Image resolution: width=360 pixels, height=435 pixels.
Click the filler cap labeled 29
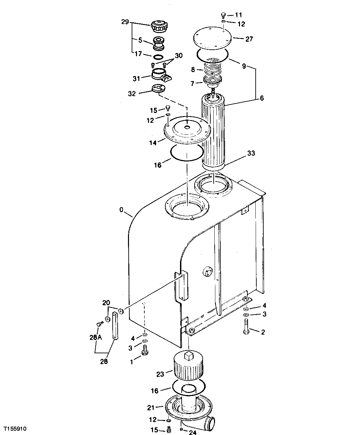pyautogui.click(x=159, y=27)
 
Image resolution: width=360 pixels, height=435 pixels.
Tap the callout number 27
pyautogui.click(x=249, y=39)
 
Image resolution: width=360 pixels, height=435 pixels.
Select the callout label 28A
pyautogui.click(x=96, y=337)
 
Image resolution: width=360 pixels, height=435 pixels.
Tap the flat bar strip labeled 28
pyautogui.click(x=115, y=326)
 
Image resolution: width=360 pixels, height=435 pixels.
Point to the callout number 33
pyautogui.click(x=251, y=153)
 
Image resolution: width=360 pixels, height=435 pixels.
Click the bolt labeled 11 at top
pyautogui.click(x=224, y=15)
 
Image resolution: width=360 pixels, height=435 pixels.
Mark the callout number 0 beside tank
pyautogui.click(x=121, y=210)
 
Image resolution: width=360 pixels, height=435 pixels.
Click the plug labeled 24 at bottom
pyautogui.click(x=181, y=429)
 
